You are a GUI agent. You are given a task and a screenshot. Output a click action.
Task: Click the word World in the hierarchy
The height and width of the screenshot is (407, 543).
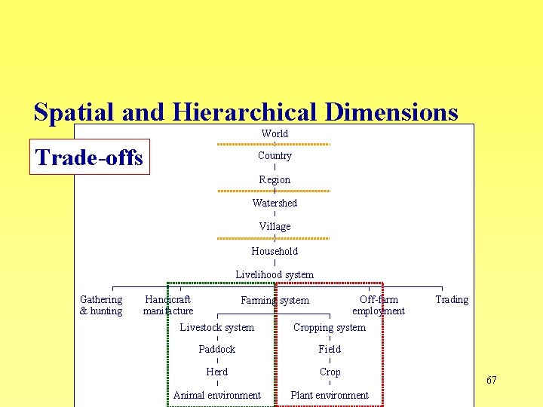[275, 133]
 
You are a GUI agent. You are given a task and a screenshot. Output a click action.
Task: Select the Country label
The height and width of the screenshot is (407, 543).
[275, 155]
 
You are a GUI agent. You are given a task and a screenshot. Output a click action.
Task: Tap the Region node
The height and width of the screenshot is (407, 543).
[275, 179]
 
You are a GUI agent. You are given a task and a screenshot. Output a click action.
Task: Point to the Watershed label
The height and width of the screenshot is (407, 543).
[275, 203]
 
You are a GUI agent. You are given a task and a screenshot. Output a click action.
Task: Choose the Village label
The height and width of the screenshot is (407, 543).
[275, 226]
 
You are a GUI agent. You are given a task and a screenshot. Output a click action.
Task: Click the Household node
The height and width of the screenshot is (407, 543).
[275, 251]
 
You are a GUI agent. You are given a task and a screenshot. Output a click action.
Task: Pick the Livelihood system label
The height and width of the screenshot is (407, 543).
[275, 274]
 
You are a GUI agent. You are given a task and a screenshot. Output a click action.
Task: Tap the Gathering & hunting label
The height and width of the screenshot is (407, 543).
[101, 305]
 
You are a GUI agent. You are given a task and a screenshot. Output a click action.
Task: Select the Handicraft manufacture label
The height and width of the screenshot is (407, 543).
[168, 305]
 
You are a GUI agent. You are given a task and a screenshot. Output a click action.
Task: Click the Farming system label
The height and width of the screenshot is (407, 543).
[275, 300]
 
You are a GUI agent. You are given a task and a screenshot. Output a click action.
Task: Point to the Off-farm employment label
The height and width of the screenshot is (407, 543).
[379, 305]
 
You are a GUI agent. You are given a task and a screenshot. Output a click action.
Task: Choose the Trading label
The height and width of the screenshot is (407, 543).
[452, 299]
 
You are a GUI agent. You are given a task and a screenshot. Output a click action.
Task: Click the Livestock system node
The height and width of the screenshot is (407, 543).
[217, 327]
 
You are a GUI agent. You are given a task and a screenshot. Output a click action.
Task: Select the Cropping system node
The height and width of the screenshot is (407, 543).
[330, 327]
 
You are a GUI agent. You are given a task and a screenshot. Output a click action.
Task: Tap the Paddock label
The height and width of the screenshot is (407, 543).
[217, 349]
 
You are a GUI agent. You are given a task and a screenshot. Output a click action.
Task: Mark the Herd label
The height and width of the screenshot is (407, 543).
[217, 372]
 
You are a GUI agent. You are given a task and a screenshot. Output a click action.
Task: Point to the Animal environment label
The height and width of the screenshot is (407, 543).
[217, 395]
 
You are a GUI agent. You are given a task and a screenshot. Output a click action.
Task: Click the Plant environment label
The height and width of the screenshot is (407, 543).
[330, 395]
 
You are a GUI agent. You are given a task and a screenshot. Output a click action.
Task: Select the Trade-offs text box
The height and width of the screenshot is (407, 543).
[90, 157]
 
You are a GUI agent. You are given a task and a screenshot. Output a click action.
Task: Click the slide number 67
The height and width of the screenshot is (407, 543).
[492, 380]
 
